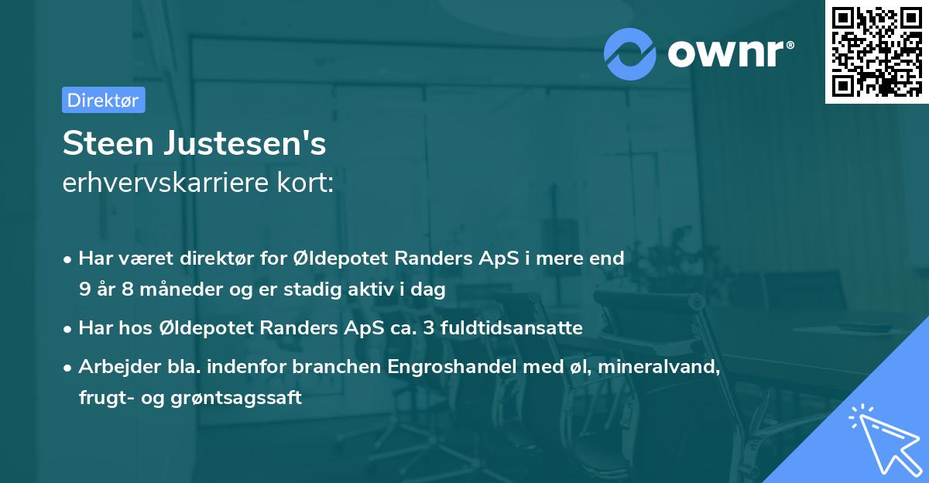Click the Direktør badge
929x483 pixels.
(x=103, y=100)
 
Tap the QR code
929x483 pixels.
(x=876, y=52)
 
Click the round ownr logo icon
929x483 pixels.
(x=630, y=53)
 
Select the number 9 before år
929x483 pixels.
(x=84, y=290)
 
